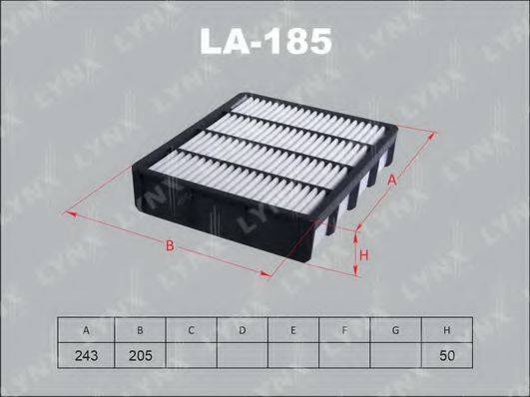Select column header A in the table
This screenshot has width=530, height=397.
click(x=87, y=329)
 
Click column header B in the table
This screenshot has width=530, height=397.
click(x=139, y=329)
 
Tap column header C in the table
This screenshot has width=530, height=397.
click(x=190, y=329)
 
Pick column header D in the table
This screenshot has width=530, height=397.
click(x=241, y=329)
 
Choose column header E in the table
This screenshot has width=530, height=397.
click(x=292, y=329)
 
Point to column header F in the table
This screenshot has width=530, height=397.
click(x=343, y=329)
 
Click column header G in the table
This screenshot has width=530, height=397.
click(x=395, y=329)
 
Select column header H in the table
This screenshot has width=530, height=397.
click(x=446, y=329)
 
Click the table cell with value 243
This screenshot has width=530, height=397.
click(x=87, y=354)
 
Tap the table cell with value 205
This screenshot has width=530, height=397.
click(x=139, y=354)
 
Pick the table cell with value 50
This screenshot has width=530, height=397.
click(x=446, y=354)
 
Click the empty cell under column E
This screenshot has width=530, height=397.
click(x=292, y=354)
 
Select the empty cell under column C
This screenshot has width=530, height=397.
click(x=190, y=354)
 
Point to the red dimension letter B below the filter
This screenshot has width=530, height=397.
click(x=171, y=244)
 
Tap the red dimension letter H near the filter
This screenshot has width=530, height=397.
click(x=365, y=255)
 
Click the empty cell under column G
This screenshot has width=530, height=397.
click(x=395, y=354)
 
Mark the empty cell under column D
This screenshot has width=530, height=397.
click(x=241, y=354)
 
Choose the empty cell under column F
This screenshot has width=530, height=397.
click(x=343, y=354)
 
